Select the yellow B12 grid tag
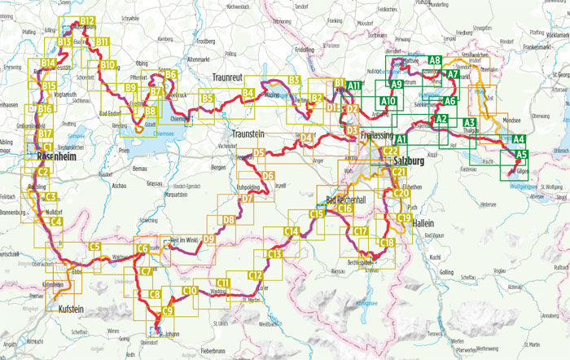[88, 20]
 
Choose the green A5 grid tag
[521, 153]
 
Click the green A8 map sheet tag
[434, 60]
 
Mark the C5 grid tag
[94, 247]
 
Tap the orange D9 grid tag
[209, 239]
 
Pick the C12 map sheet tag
[255, 275]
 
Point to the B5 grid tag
[208, 99]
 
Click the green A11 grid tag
[353, 86]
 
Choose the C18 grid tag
[387, 243]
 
